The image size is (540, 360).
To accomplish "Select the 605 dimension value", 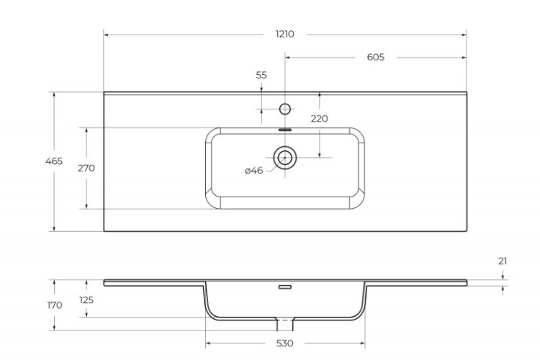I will (x=375, y=57).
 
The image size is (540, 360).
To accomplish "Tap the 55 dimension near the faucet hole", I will (x=261, y=75).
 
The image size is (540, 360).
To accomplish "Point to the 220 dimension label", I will (x=319, y=119).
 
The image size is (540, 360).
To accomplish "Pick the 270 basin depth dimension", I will (x=86, y=168).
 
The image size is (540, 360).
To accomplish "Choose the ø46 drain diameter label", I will (x=254, y=171).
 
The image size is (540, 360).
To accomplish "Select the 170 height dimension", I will (x=54, y=305).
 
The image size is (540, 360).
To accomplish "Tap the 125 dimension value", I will (x=86, y=300).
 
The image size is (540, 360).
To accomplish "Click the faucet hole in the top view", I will (x=284, y=109).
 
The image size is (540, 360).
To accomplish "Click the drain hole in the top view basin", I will (x=284, y=156).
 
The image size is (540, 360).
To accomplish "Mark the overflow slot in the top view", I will (x=284, y=130).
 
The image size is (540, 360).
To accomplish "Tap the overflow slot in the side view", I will (x=284, y=287).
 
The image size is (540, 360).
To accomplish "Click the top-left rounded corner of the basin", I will (x=212, y=134).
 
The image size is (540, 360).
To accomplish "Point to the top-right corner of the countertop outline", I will (x=466, y=91).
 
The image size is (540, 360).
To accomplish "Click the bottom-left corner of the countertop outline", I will (x=104, y=231).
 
